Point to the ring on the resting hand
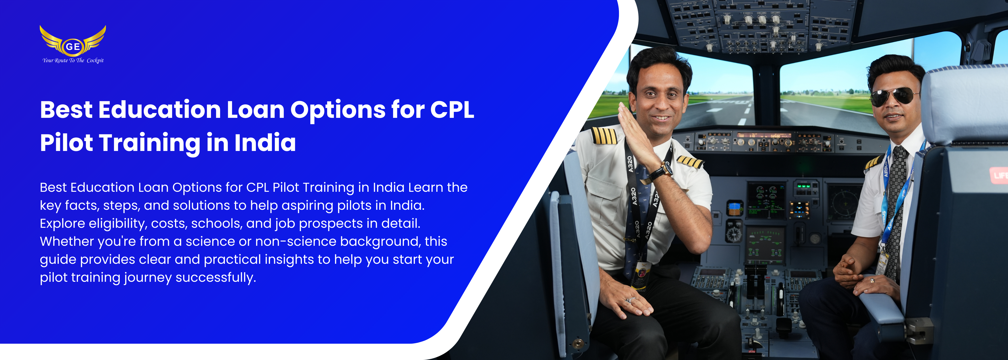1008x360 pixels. click(x=631, y=300)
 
